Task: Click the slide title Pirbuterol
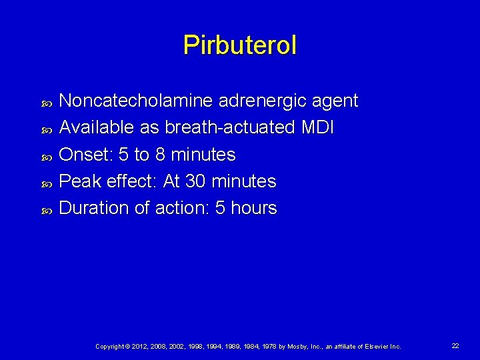pos(240,45)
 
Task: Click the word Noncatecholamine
pos(135,101)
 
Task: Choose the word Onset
pos(86,155)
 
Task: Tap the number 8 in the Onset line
pos(159,155)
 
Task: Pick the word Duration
pos(94,208)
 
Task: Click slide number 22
pos(455,346)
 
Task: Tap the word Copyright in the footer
pos(110,347)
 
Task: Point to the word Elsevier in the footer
pos(379,347)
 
